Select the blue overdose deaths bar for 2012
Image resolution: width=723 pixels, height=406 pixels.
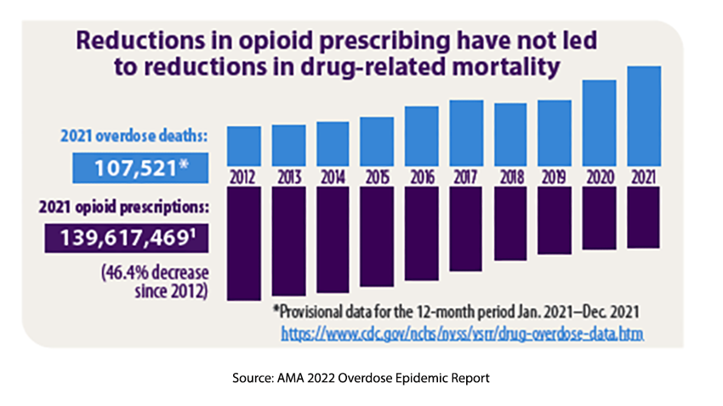coord(244,146)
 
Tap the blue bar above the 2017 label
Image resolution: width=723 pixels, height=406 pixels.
coord(465,134)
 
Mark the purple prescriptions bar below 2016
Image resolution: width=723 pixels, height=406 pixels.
coord(421,233)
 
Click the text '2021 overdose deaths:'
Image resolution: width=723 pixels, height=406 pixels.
coord(134,136)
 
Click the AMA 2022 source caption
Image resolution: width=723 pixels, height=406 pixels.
coord(361,377)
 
